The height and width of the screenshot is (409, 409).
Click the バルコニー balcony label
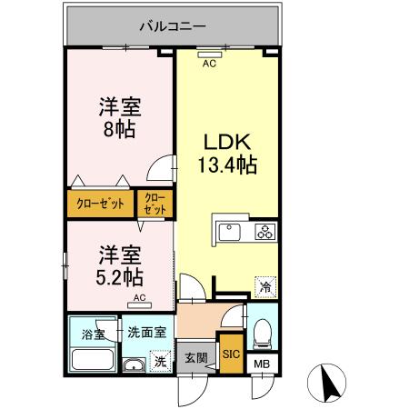point(172,25)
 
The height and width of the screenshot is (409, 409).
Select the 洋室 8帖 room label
point(117,117)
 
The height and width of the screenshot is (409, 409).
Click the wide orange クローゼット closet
point(100,204)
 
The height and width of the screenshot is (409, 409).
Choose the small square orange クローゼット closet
point(155,204)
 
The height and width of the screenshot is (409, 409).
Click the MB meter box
point(261,365)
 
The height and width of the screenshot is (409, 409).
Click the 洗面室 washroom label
point(145,332)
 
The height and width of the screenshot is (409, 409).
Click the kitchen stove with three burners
point(266,231)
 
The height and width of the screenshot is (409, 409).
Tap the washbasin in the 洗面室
point(134,366)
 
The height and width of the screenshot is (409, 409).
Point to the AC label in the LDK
point(209,64)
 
